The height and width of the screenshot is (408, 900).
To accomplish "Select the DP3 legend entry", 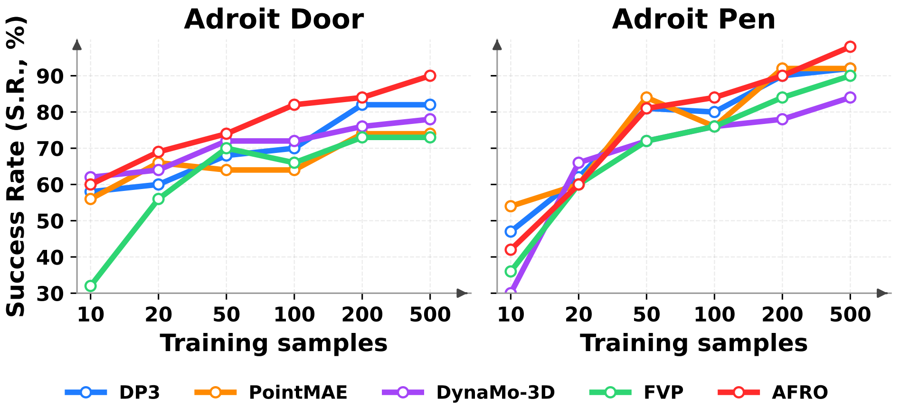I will (x=139, y=392).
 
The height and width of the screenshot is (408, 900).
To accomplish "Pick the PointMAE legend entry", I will (x=298, y=392).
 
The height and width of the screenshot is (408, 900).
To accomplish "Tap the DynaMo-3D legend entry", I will (x=495, y=392).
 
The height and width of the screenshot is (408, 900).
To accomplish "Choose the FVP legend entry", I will (x=663, y=392).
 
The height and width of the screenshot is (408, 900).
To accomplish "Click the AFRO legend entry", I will (x=799, y=392).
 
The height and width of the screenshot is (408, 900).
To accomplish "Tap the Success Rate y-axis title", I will (x=15, y=166).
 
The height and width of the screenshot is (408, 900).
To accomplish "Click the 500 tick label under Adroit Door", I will (x=430, y=314).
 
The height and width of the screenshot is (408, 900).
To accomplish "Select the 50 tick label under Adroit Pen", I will (x=646, y=314).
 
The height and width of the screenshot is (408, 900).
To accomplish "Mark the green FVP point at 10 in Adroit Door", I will (x=90, y=286).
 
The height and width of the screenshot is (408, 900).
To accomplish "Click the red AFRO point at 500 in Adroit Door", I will (x=430, y=76).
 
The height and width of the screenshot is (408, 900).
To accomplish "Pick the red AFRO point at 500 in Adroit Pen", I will (x=850, y=47).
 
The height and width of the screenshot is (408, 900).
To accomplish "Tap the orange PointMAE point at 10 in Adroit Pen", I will (x=511, y=206).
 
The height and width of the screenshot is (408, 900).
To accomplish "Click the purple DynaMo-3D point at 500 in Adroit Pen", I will (x=850, y=97).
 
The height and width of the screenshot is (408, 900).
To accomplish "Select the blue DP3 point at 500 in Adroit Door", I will (x=430, y=104).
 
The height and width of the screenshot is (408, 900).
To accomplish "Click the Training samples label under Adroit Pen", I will (x=693, y=343).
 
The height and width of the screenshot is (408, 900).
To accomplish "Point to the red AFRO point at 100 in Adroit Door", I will (x=294, y=104).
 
